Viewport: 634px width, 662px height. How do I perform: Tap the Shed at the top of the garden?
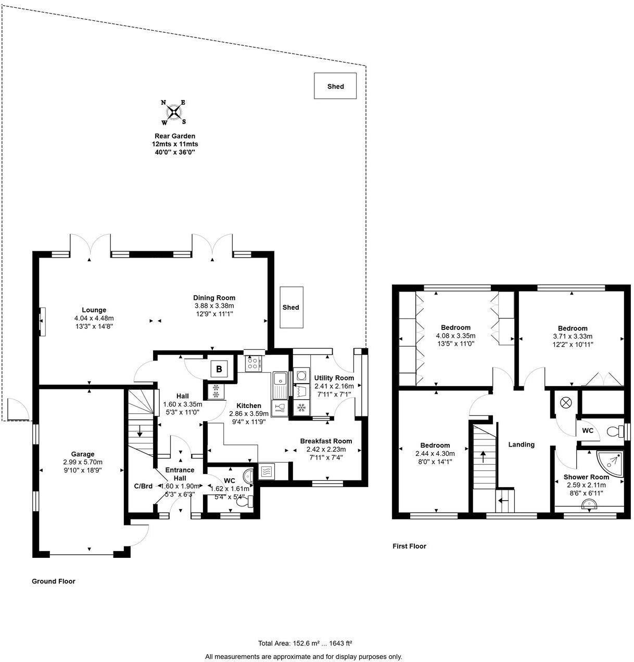click(335, 86)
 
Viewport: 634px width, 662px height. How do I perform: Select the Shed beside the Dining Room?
click(291, 307)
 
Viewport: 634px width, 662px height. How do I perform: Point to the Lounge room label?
click(94, 310)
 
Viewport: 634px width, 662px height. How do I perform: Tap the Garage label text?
click(83, 454)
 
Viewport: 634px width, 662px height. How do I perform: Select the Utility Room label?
click(334, 378)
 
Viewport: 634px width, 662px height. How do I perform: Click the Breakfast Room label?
click(326, 441)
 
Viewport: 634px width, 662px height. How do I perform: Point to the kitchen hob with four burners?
click(253, 364)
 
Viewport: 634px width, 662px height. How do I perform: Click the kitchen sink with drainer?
click(279, 385)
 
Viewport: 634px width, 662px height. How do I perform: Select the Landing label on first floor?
click(521, 444)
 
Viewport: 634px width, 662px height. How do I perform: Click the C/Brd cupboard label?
click(143, 486)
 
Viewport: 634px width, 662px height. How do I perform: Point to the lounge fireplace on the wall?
click(43, 322)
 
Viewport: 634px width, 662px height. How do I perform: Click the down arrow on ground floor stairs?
click(140, 431)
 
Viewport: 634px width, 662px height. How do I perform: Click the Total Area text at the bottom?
click(309, 643)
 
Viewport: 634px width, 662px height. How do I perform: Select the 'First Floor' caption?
click(409, 546)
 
